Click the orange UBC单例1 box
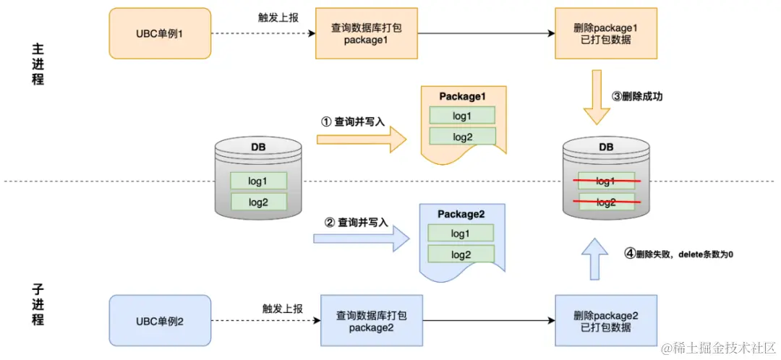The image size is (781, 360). pyautogui.click(x=160, y=33)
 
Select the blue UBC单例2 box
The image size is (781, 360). pyautogui.click(x=160, y=320)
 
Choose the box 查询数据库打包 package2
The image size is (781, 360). pyautogui.click(x=371, y=320)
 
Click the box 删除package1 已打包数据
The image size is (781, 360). pyautogui.click(x=605, y=33)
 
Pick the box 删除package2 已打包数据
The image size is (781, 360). pyautogui.click(x=605, y=321)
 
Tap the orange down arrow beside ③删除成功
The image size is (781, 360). pyautogui.click(x=597, y=97)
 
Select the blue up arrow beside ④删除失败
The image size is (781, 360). pyautogui.click(x=595, y=256)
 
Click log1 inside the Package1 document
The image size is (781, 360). pyautogui.click(x=462, y=116)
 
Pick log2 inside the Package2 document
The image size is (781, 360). pyautogui.click(x=461, y=254)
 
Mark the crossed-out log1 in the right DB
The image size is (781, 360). pyautogui.click(x=606, y=181)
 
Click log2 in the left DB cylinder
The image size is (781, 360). pyautogui.click(x=258, y=202)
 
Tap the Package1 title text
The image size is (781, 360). pyautogui.click(x=462, y=96)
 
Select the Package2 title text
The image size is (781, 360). pyautogui.click(x=461, y=214)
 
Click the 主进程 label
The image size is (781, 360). pyautogui.click(x=38, y=64)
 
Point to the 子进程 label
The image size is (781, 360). pyautogui.click(x=38, y=304)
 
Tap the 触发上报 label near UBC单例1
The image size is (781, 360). pyautogui.click(x=277, y=17)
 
